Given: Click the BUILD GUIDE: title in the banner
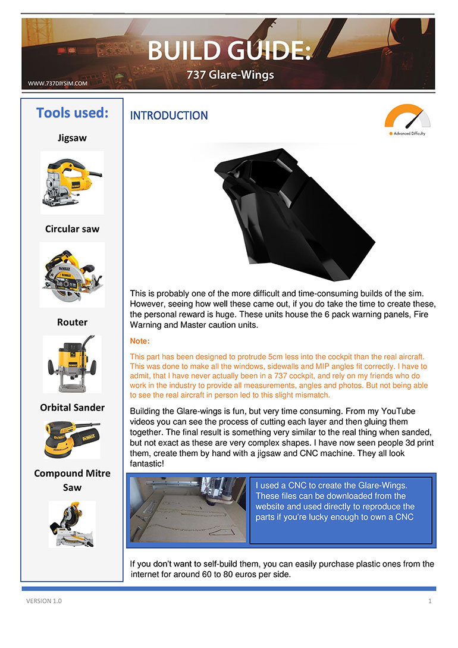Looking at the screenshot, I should tap(229, 51).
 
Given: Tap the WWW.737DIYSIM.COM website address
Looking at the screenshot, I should tap(58, 84).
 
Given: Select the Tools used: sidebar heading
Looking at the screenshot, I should tap(72, 113).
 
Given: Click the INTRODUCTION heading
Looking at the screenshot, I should tap(169, 115).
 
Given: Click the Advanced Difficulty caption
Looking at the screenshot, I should tap(409, 133).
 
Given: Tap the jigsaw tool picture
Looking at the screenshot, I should tap(72, 182).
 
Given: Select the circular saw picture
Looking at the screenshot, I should tap(72, 274).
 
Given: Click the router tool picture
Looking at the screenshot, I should tap(72, 364).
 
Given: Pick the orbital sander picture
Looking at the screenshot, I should tap(72, 439).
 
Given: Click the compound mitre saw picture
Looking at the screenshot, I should tap(72, 524).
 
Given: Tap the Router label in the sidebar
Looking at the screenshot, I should tap(72, 322).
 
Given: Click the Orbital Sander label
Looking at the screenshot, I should tap(72, 408).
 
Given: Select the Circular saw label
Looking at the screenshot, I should tap(72, 229).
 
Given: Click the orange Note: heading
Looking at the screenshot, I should tap(140, 342).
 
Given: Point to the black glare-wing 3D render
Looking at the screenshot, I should tap(291, 211).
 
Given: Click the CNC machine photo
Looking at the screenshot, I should tap(187, 509).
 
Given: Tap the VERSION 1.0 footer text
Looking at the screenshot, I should tap(43, 601).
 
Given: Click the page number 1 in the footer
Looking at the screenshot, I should tap(429, 601).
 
